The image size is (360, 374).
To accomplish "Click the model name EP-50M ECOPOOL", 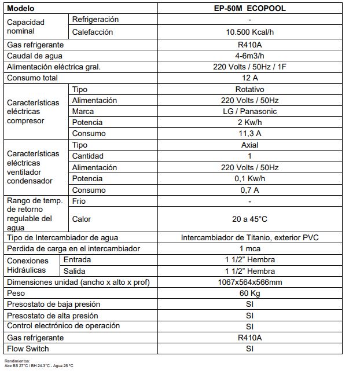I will pos(249,9).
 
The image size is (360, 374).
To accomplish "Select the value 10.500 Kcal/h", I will pos(249,32).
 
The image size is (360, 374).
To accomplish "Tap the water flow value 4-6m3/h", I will pos(249,56).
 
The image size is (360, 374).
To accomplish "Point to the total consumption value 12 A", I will pos(249,78).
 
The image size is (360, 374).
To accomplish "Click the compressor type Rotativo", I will pos(249,89).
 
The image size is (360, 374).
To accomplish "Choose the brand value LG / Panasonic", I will pos(249,111).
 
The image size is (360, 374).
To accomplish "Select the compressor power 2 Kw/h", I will pos(249,123).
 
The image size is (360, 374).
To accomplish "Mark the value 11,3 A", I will pos(249,134).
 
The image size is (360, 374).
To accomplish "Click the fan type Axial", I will pos(249,145).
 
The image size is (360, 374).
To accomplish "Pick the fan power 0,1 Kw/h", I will pos(249,179).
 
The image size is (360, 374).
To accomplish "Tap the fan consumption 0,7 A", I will pos(249,190).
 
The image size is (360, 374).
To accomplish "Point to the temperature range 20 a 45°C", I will pos(249,219).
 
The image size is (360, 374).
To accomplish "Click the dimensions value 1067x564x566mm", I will pos(249,282).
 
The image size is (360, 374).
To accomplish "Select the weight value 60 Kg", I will pos(249,294).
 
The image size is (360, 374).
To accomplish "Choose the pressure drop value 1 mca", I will pos(249,248).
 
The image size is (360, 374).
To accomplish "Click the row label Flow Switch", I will pos(28,349).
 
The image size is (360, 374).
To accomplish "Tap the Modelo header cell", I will pos(21,9).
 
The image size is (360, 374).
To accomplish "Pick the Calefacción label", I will pos(93,32).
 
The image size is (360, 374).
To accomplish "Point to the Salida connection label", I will pos(75,271).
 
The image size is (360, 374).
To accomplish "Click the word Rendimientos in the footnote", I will pos(16,361).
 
